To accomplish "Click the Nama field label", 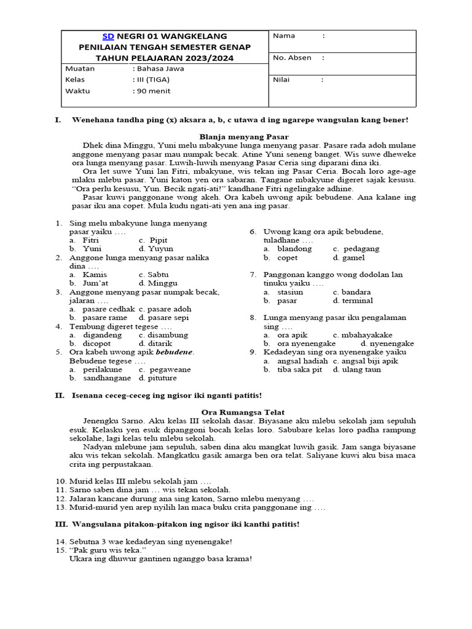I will tap(284, 36).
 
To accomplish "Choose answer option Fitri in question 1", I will tap(91, 240).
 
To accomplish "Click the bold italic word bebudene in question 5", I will tap(175, 353).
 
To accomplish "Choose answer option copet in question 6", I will tap(288, 257).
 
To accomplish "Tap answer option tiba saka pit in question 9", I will tap(300, 369).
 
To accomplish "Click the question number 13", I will tap(60, 507).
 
